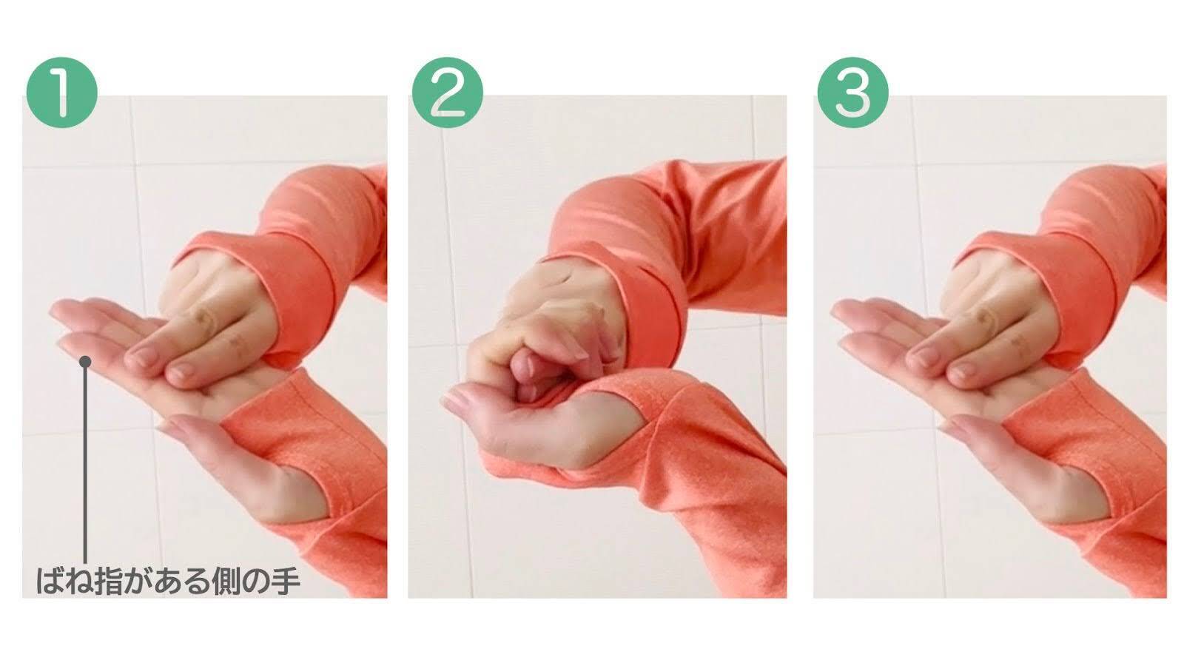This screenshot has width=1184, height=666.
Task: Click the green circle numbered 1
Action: click(x=62, y=92)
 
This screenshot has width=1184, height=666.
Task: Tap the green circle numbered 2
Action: click(x=448, y=92)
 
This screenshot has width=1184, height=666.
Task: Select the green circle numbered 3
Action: click(x=853, y=92)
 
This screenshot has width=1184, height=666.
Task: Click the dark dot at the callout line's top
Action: click(x=85, y=362)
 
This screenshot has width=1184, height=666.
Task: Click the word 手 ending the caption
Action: click(x=286, y=581)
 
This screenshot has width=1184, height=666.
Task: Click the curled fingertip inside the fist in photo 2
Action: click(x=523, y=365)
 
